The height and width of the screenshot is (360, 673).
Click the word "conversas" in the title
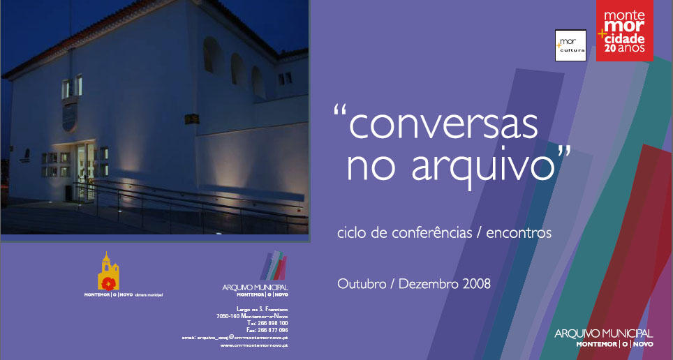(443, 124)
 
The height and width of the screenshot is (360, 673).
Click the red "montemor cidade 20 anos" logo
(625, 31)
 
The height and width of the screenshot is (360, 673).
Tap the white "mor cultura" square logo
(570, 45)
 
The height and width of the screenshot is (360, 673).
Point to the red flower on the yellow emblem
(108, 282)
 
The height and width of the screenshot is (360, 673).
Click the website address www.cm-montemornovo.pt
(254, 345)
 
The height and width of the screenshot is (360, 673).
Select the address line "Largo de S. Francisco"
(262, 308)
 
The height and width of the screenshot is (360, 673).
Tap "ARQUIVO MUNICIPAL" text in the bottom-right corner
(604, 333)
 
